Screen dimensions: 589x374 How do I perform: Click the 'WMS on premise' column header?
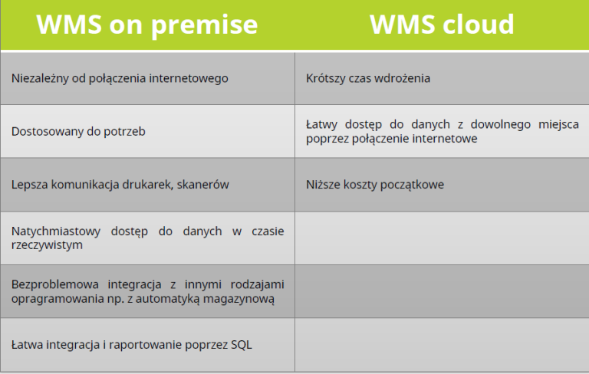click(x=147, y=25)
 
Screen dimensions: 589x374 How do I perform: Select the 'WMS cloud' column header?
click(x=442, y=25)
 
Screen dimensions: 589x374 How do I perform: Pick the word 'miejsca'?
click(x=559, y=124)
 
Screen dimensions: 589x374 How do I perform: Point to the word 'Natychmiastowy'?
click(x=56, y=231)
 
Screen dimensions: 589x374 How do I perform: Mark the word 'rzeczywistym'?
click(x=47, y=245)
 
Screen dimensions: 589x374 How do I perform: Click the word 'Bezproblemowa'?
click(x=55, y=284)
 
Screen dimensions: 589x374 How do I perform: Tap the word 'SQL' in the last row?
click(x=241, y=345)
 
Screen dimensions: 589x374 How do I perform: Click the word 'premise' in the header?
click(x=205, y=25)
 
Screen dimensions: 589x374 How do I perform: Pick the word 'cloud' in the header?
click(x=478, y=25)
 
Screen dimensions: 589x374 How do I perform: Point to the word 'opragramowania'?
click(x=54, y=299)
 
